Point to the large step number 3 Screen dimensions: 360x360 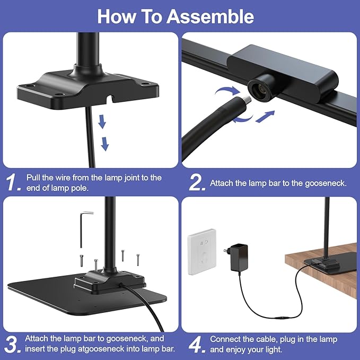tap(14, 344)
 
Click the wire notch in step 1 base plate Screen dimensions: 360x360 tap(96, 99)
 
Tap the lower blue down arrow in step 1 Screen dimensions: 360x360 tap(105, 143)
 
